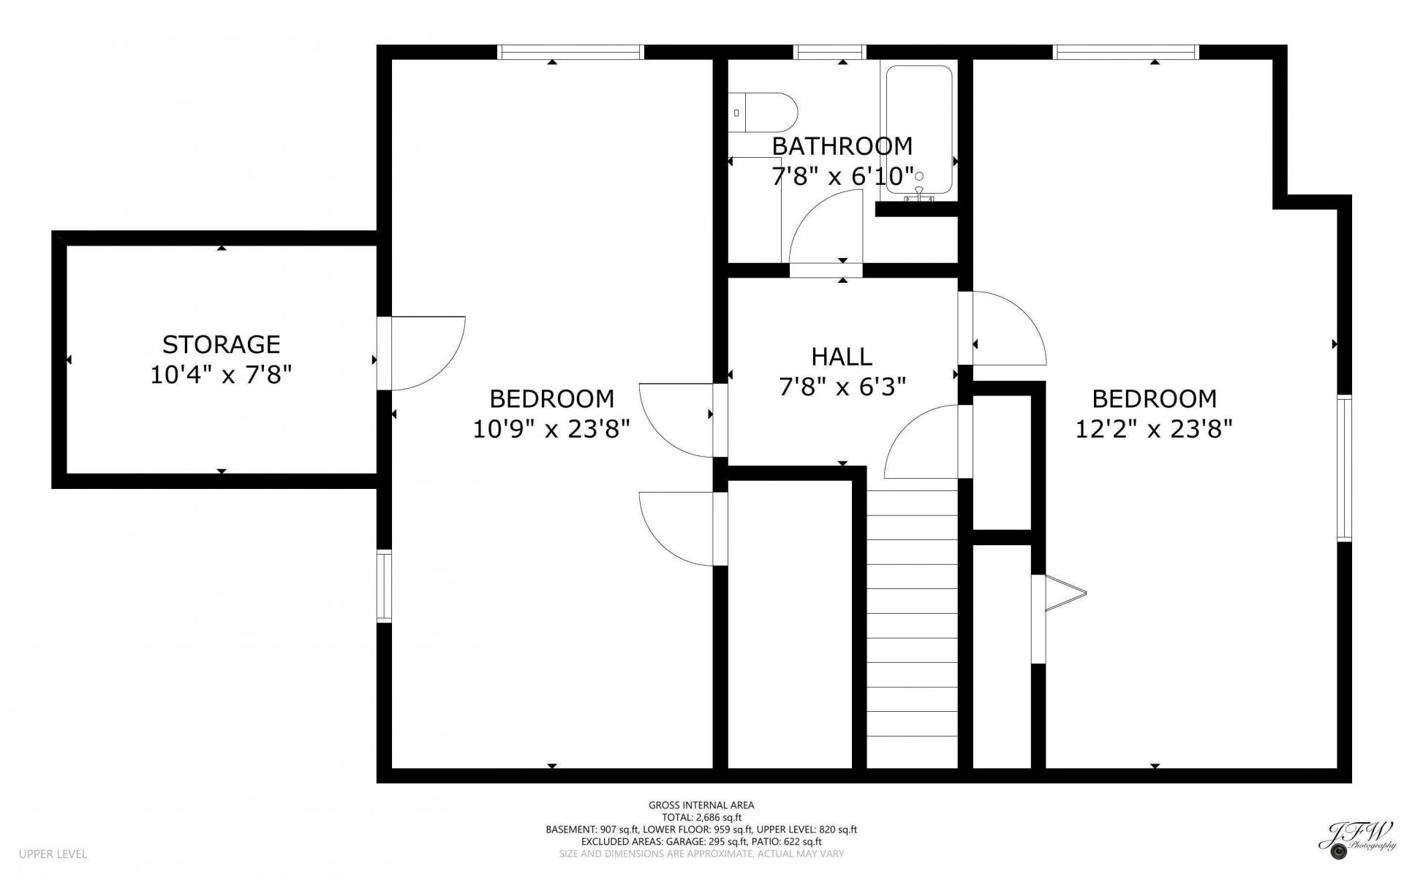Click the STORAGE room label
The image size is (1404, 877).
[x=221, y=344]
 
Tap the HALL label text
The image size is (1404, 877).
[x=842, y=357]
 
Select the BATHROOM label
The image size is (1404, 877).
[x=842, y=146]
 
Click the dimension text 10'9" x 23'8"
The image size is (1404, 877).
[x=551, y=428]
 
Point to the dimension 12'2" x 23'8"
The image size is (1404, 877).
[x=1154, y=428]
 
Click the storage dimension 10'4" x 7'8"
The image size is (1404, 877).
[x=221, y=375]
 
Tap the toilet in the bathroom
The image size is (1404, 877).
[x=763, y=113]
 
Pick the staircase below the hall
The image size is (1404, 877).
[x=913, y=629]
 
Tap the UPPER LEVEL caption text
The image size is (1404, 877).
[x=53, y=854]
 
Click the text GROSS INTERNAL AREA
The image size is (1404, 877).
[x=701, y=805]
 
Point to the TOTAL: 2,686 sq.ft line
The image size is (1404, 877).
[x=701, y=817]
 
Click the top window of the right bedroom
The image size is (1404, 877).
[x=1125, y=52]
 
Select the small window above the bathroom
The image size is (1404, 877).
[x=829, y=52]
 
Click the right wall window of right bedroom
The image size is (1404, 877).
[x=1344, y=468]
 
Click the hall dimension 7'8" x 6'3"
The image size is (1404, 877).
[x=842, y=387]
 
